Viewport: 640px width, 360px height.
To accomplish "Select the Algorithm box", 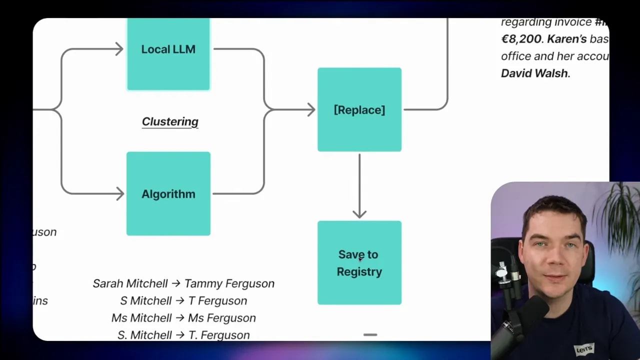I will [x=168, y=193].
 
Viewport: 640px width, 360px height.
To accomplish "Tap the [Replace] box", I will [x=359, y=109].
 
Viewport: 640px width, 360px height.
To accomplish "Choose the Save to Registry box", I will [x=359, y=262].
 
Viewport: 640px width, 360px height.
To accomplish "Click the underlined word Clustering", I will [x=170, y=121].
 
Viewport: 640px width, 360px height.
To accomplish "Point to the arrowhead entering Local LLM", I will [x=119, y=49].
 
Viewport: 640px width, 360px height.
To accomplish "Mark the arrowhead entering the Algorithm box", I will [x=120, y=193].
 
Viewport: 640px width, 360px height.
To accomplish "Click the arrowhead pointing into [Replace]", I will [x=311, y=109].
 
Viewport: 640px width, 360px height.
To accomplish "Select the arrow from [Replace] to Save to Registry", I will [x=359, y=185].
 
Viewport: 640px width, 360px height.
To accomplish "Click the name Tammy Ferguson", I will [x=229, y=283].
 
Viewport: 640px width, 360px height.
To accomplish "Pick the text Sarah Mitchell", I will [x=130, y=283].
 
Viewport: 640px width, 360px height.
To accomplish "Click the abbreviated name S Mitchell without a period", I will [x=145, y=300].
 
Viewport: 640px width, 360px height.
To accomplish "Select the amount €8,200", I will [x=521, y=39].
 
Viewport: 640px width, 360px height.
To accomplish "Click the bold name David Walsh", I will [x=534, y=73].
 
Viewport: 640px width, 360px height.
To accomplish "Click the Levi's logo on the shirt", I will [x=583, y=348].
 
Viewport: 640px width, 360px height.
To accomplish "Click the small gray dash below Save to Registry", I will [x=370, y=334].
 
